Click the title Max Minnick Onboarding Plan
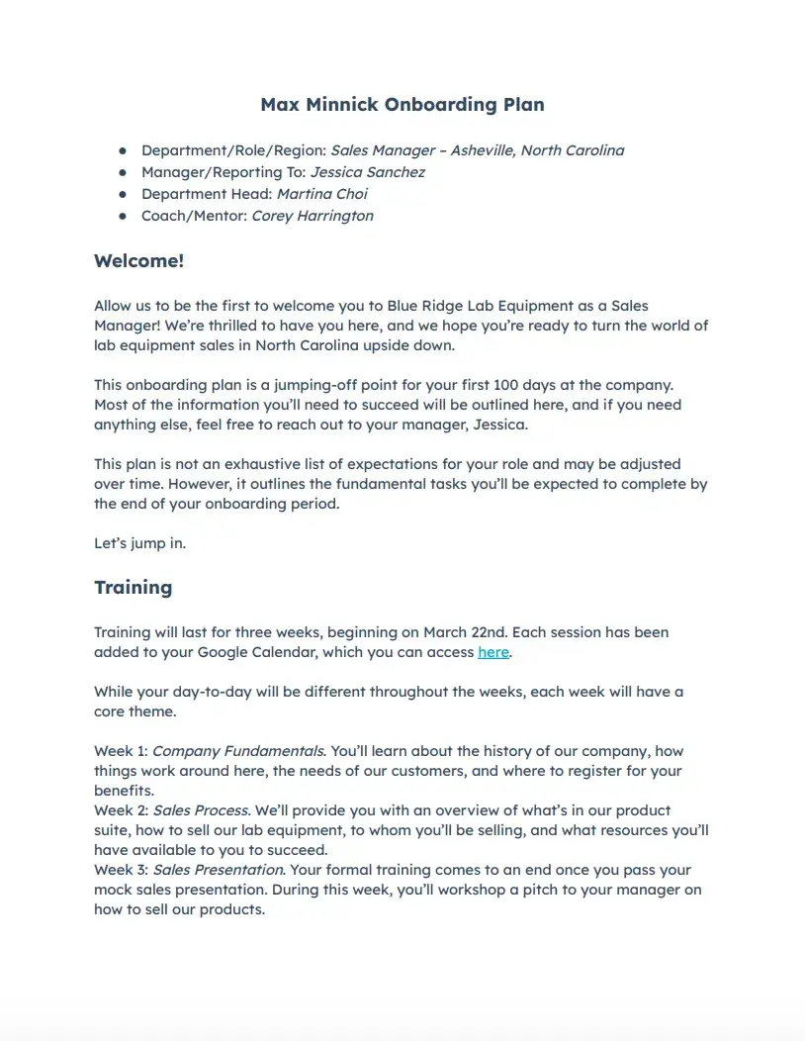pyautogui.click(x=402, y=104)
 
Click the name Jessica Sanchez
pyautogui.click(x=368, y=172)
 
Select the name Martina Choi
pyautogui.click(x=322, y=194)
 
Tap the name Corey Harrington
pyautogui.click(x=313, y=216)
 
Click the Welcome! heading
pyautogui.click(x=139, y=261)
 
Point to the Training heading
pyautogui.click(x=134, y=587)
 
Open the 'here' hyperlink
pyautogui.click(x=493, y=652)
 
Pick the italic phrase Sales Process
pyautogui.click(x=203, y=810)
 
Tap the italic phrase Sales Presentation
pyautogui.click(x=219, y=870)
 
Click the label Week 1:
pyautogui.click(x=121, y=751)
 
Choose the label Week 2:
pyautogui.click(x=121, y=810)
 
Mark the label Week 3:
pyautogui.click(x=121, y=870)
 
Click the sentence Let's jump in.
pyautogui.click(x=139, y=543)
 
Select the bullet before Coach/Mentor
pyautogui.click(x=123, y=216)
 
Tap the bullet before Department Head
pyautogui.click(x=123, y=194)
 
